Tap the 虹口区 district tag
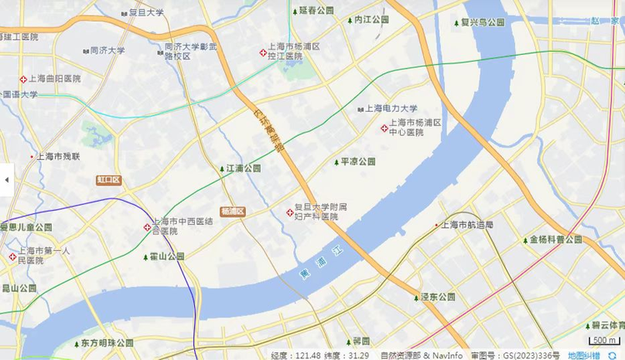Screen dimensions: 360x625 (109, 180)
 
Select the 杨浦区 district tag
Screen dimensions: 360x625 (232, 211)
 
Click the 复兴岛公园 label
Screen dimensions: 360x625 (483, 22)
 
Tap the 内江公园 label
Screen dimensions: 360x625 (371, 19)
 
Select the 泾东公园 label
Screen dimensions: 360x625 (437, 297)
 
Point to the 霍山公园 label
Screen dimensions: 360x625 (167, 257)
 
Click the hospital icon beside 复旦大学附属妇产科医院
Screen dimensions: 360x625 (290, 212)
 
